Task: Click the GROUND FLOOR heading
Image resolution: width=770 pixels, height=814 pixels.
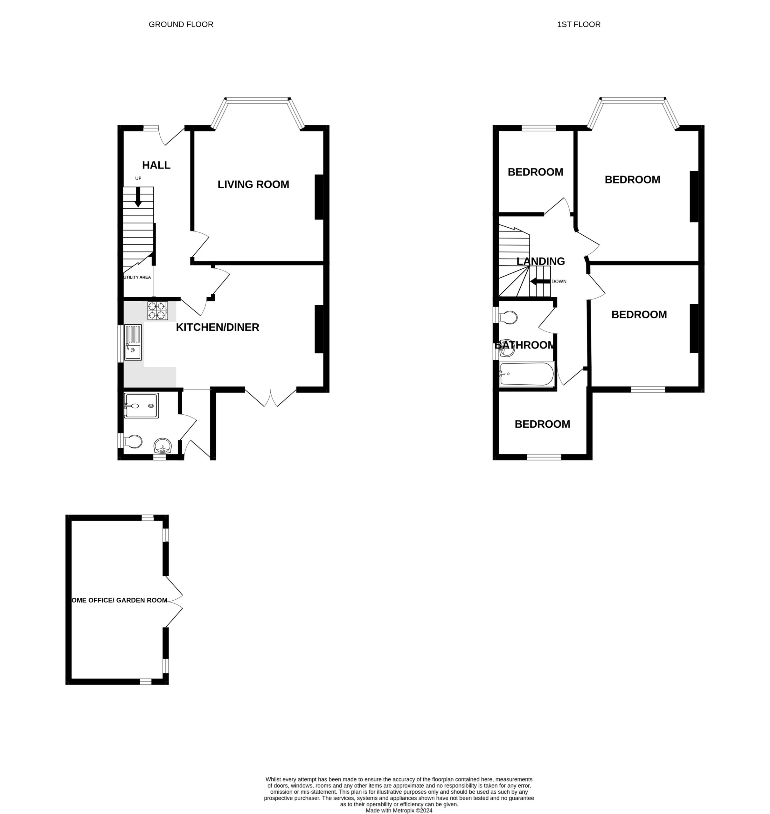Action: (x=181, y=24)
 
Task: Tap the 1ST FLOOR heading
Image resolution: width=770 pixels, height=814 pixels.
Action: (x=579, y=24)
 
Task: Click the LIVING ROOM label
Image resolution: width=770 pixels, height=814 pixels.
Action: (x=253, y=185)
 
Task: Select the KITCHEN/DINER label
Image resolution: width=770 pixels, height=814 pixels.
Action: (x=218, y=328)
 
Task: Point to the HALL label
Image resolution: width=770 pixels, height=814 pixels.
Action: (x=156, y=165)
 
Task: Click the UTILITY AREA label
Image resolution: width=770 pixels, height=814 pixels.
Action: (x=137, y=277)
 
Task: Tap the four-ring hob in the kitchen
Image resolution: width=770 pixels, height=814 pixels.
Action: (x=158, y=311)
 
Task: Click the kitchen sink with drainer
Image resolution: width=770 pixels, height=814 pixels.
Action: (x=133, y=342)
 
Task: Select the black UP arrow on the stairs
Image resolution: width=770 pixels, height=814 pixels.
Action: (x=138, y=197)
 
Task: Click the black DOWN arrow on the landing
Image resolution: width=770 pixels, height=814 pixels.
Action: (x=540, y=282)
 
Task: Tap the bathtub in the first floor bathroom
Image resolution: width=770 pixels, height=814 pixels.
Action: (x=527, y=374)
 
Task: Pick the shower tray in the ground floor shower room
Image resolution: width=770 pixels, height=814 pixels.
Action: (x=141, y=406)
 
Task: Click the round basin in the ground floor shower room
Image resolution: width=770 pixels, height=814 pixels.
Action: (x=163, y=445)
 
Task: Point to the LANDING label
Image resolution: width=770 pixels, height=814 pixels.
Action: (x=541, y=261)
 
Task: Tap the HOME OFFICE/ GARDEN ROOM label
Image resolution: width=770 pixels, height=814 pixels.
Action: (x=120, y=600)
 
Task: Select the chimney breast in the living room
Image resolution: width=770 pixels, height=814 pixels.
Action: (x=319, y=197)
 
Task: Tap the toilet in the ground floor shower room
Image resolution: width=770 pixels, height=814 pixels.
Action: (x=133, y=441)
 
